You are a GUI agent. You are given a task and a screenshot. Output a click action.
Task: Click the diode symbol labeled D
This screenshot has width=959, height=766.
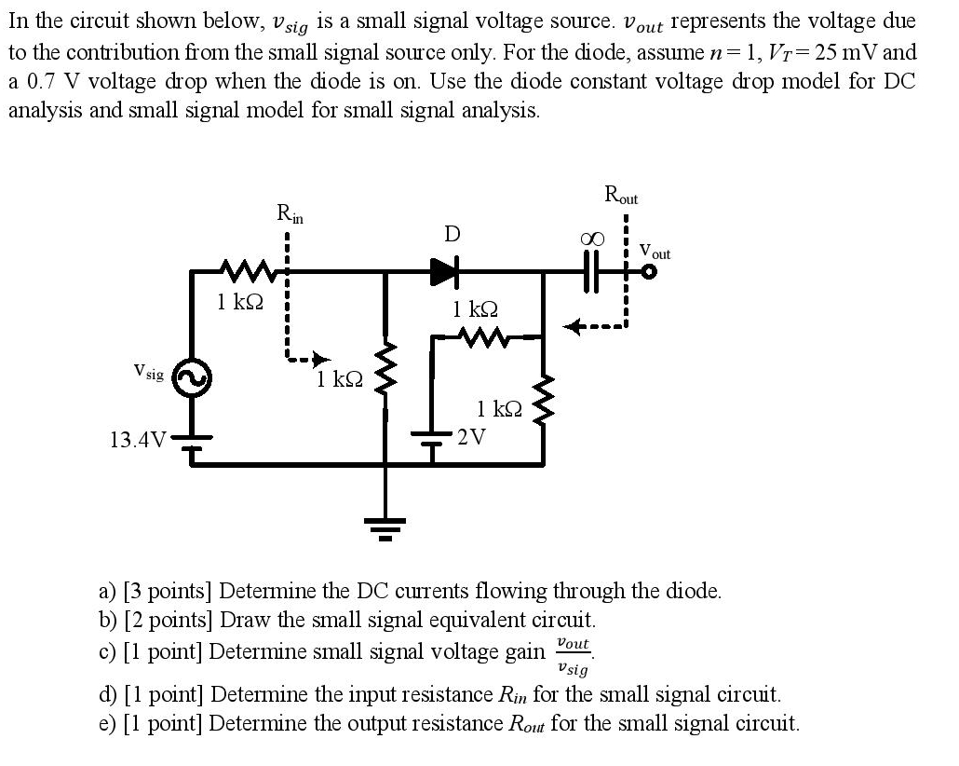pyautogui.click(x=444, y=272)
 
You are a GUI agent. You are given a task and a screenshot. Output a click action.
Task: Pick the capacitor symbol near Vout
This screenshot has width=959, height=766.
pyautogui.click(x=592, y=272)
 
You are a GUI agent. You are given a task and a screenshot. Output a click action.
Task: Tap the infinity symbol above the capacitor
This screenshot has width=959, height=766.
pyautogui.click(x=590, y=239)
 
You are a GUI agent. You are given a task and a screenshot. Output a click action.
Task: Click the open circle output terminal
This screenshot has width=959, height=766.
pyautogui.click(x=649, y=272)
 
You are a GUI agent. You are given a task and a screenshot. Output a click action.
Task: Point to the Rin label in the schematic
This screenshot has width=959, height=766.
pyautogui.click(x=290, y=213)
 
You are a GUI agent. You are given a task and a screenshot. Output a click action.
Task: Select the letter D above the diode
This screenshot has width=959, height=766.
pyautogui.click(x=452, y=233)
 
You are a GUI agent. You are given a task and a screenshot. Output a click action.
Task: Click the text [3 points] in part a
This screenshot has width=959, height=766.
pyautogui.click(x=168, y=591)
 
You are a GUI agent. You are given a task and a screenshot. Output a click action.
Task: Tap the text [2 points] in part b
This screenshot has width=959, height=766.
pyautogui.click(x=169, y=620)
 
